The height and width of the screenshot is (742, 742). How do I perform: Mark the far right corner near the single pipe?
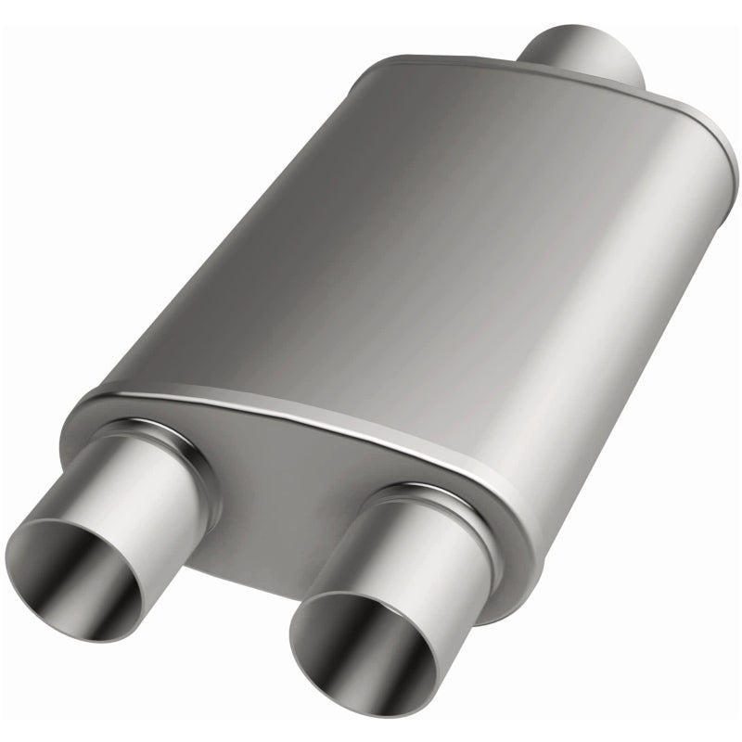[714, 148]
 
